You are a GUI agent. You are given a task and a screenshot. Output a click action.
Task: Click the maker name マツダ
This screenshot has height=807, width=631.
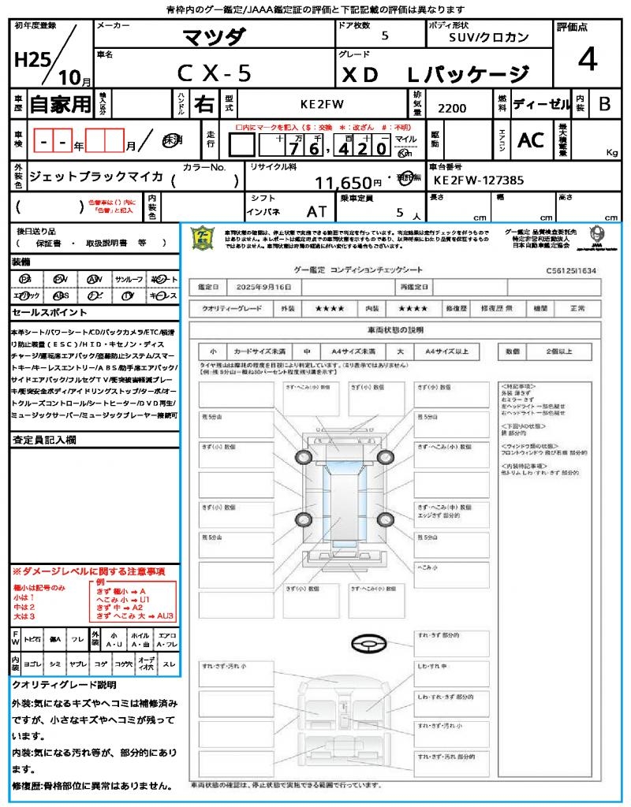214,37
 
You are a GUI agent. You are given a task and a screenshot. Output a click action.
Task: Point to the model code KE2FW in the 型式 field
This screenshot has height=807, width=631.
322,103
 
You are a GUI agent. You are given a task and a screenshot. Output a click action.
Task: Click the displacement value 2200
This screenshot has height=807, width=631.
451,108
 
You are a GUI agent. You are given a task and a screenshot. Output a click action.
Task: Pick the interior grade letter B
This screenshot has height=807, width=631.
604,103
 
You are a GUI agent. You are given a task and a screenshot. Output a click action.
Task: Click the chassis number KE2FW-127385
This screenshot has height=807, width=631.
479,180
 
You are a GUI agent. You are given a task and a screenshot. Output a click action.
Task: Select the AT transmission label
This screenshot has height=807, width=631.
316,212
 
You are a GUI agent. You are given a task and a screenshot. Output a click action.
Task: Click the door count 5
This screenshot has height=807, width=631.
384,35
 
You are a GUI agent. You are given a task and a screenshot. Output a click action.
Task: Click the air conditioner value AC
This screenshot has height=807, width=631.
531,139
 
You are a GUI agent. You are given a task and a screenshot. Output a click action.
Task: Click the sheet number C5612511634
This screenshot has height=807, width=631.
571,270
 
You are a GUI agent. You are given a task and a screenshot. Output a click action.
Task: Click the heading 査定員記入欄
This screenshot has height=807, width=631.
44,440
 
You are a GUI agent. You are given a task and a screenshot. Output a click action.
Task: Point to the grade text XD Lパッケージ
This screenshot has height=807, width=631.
435,74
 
